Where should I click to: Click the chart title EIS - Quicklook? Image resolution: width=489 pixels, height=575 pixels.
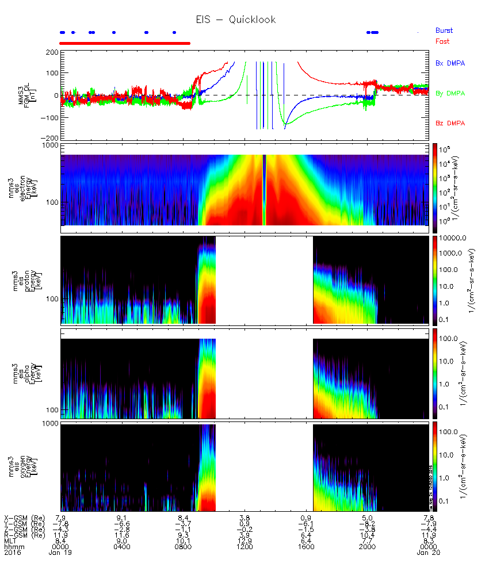click(x=236, y=20)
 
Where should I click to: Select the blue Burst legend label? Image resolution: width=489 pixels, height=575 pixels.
click(x=444, y=30)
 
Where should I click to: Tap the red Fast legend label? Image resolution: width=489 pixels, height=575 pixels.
click(x=442, y=41)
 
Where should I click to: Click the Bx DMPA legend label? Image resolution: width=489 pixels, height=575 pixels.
click(x=450, y=63)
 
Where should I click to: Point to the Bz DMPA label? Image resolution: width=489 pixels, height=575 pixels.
click(x=450, y=124)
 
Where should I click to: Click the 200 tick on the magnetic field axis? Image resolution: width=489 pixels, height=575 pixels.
click(x=51, y=52)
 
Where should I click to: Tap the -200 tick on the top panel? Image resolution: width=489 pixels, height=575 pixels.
click(x=49, y=139)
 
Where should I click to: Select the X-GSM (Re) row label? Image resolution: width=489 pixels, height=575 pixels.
click(x=21, y=517)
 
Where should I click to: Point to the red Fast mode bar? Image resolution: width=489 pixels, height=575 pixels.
click(x=125, y=43)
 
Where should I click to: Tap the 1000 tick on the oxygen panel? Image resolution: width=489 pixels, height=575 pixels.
click(x=49, y=424)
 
